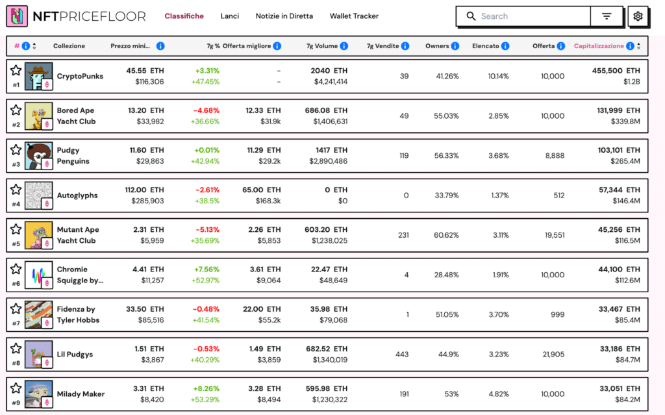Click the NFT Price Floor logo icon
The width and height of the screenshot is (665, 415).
17,16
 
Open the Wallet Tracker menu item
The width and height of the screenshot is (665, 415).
354,16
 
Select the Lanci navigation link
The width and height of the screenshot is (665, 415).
229,16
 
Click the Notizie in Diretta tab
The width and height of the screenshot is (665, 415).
284,16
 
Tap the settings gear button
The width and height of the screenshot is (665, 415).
638,16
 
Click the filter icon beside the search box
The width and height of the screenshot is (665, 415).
607,16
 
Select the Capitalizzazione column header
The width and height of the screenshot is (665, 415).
598,46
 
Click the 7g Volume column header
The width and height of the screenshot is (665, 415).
322,46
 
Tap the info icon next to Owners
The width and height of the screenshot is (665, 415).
455,46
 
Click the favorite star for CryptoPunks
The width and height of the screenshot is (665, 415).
16,70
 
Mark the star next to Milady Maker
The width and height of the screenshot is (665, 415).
16,388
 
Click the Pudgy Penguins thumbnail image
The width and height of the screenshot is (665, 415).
38,156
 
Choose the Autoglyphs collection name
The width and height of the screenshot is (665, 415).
77,195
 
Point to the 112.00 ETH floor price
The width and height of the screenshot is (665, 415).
144,190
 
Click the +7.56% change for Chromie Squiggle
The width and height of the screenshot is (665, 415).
207,269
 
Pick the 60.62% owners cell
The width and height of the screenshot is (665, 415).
446,235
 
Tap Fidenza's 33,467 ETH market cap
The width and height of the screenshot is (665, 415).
619,309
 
